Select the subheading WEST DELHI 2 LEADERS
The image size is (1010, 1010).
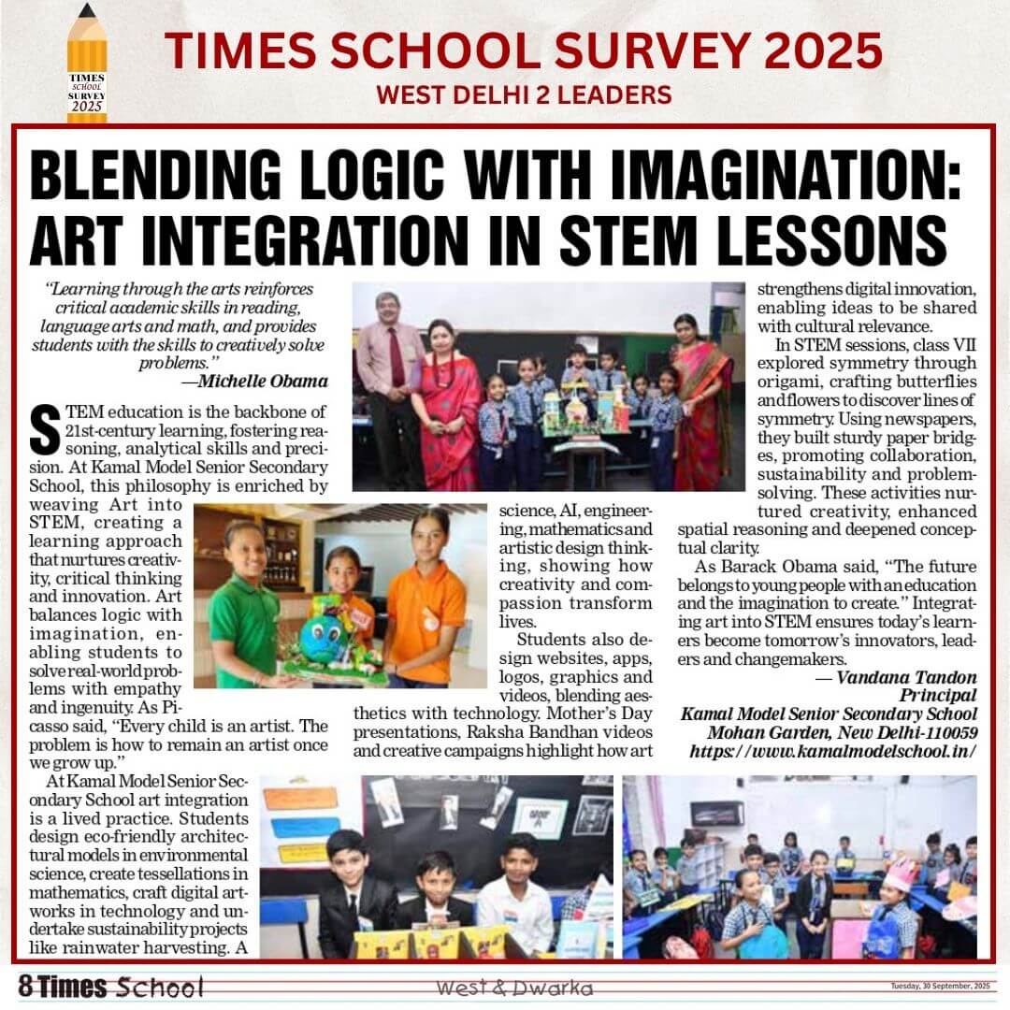523,94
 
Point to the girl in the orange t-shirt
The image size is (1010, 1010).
426,599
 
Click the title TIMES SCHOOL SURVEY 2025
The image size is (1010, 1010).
523,50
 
